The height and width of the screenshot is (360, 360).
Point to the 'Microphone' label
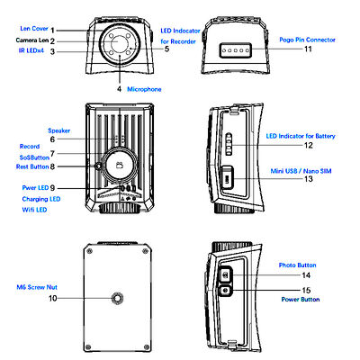(145, 89)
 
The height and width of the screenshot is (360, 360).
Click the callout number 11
(307, 49)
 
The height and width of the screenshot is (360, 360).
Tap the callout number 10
(53, 297)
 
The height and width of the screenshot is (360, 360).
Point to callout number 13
(308, 179)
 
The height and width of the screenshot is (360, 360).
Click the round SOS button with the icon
(116, 164)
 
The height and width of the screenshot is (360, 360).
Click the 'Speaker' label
(59, 130)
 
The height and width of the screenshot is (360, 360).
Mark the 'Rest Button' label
(32, 166)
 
